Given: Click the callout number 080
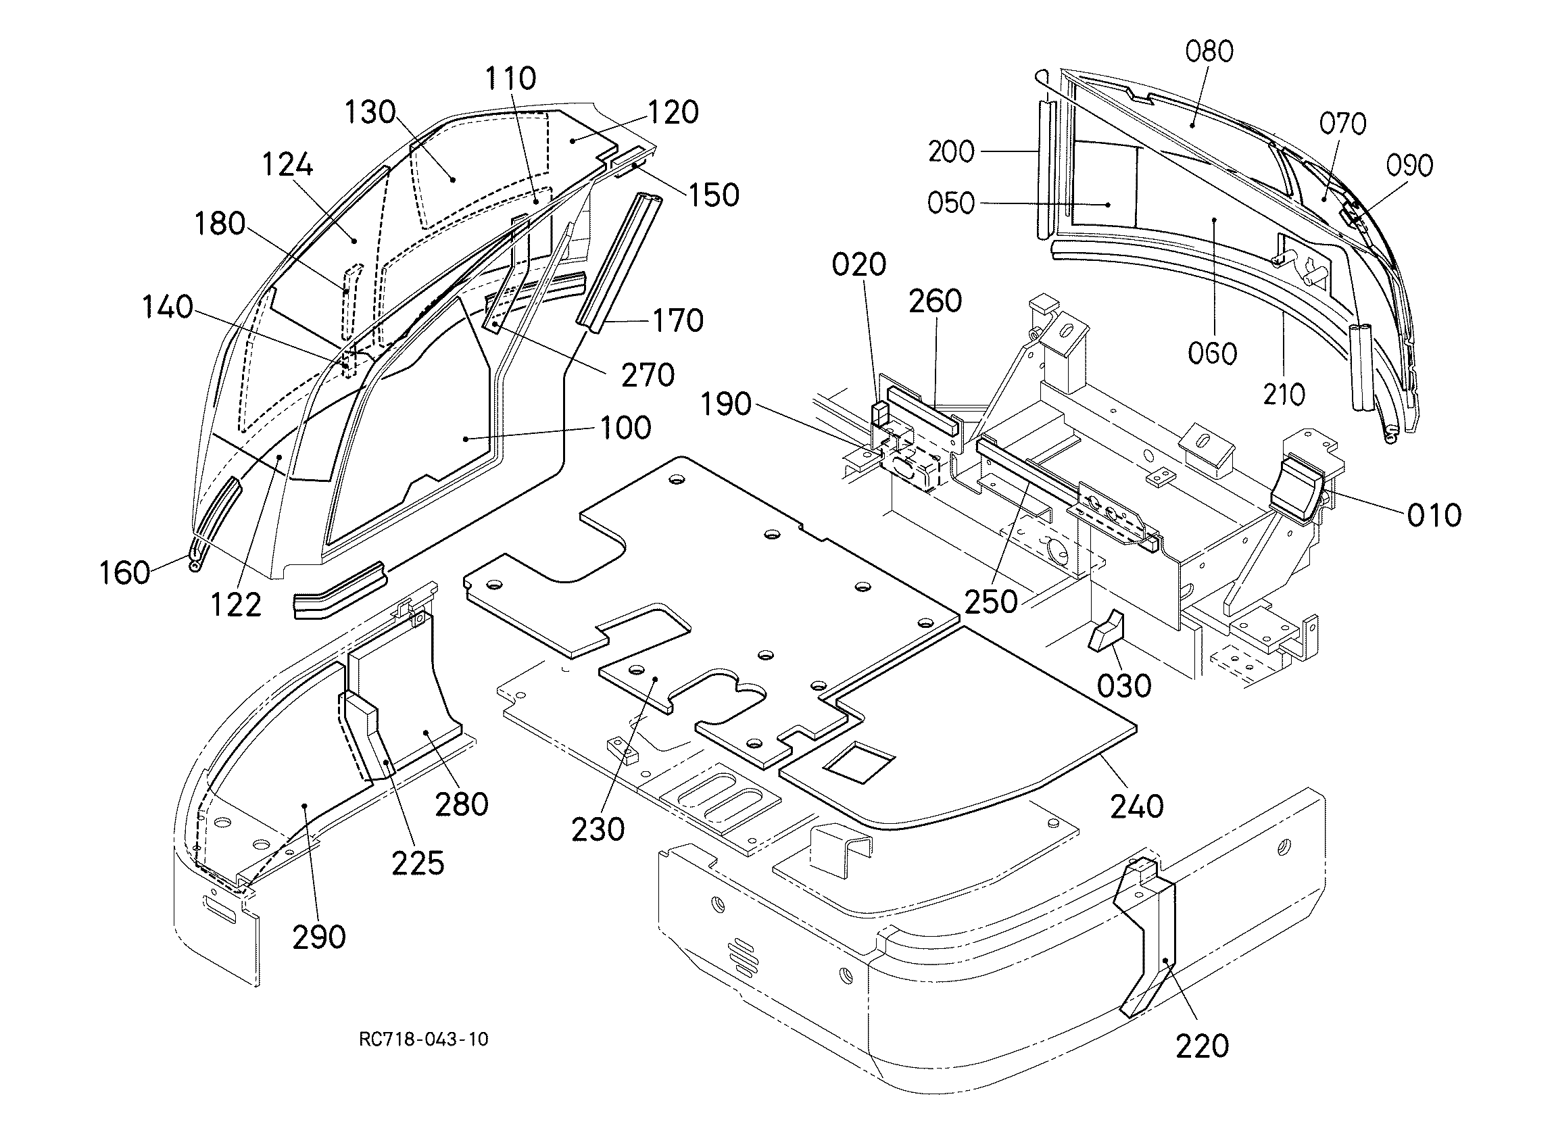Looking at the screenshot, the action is tap(1209, 51).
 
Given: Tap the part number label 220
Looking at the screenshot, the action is tap(1203, 1046).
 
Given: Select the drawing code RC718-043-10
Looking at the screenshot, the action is tap(424, 1039).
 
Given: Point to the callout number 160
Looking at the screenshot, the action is tap(124, 573).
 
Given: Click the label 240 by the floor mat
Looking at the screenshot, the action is tap(1138, 806).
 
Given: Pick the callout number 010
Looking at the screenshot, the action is tap(1435, 516).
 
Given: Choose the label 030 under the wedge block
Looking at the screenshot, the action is tap(1124, 686).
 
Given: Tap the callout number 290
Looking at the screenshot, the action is tap(319, 937).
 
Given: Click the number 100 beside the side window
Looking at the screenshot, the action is tap(625, 428).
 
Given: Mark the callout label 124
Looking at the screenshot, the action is tap(288, 165).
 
